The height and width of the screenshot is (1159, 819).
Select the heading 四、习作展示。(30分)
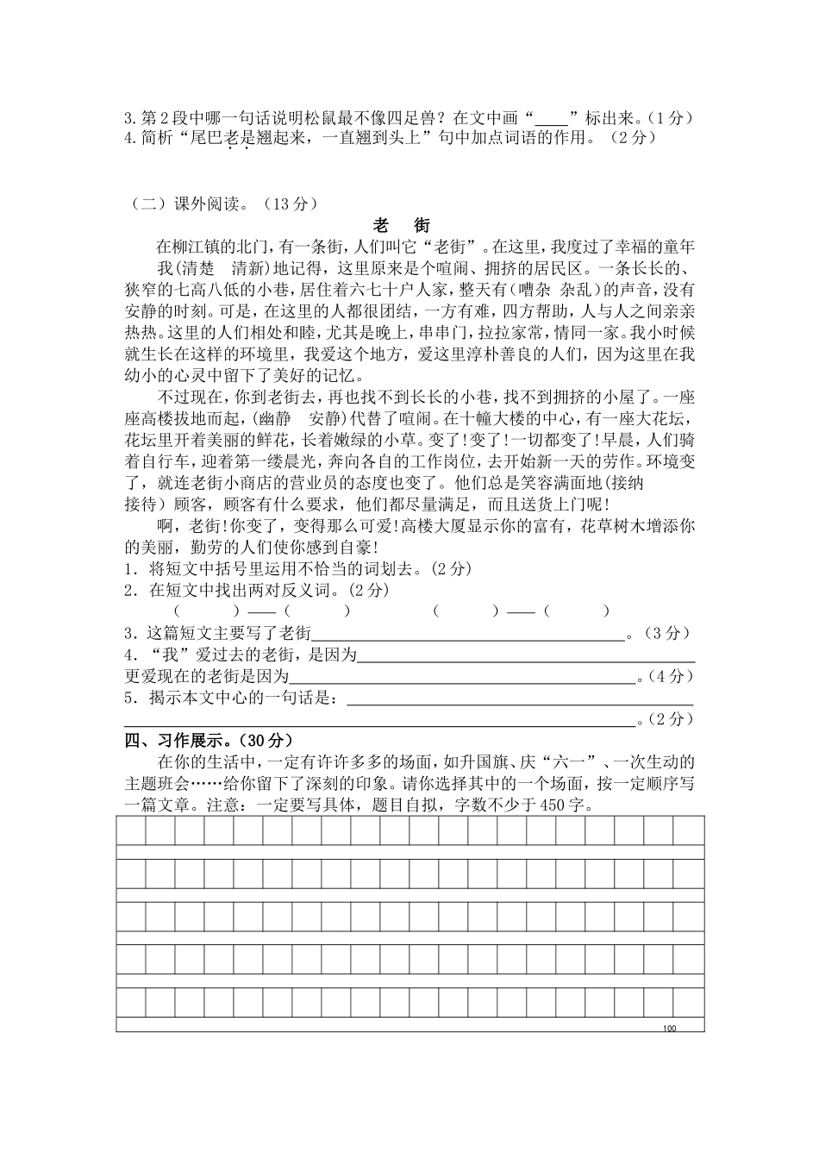209,740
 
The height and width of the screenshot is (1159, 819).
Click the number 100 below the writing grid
671,1029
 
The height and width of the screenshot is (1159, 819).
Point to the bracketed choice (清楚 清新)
216,268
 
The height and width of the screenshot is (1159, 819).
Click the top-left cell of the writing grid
131,830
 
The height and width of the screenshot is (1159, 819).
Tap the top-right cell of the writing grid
689,830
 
